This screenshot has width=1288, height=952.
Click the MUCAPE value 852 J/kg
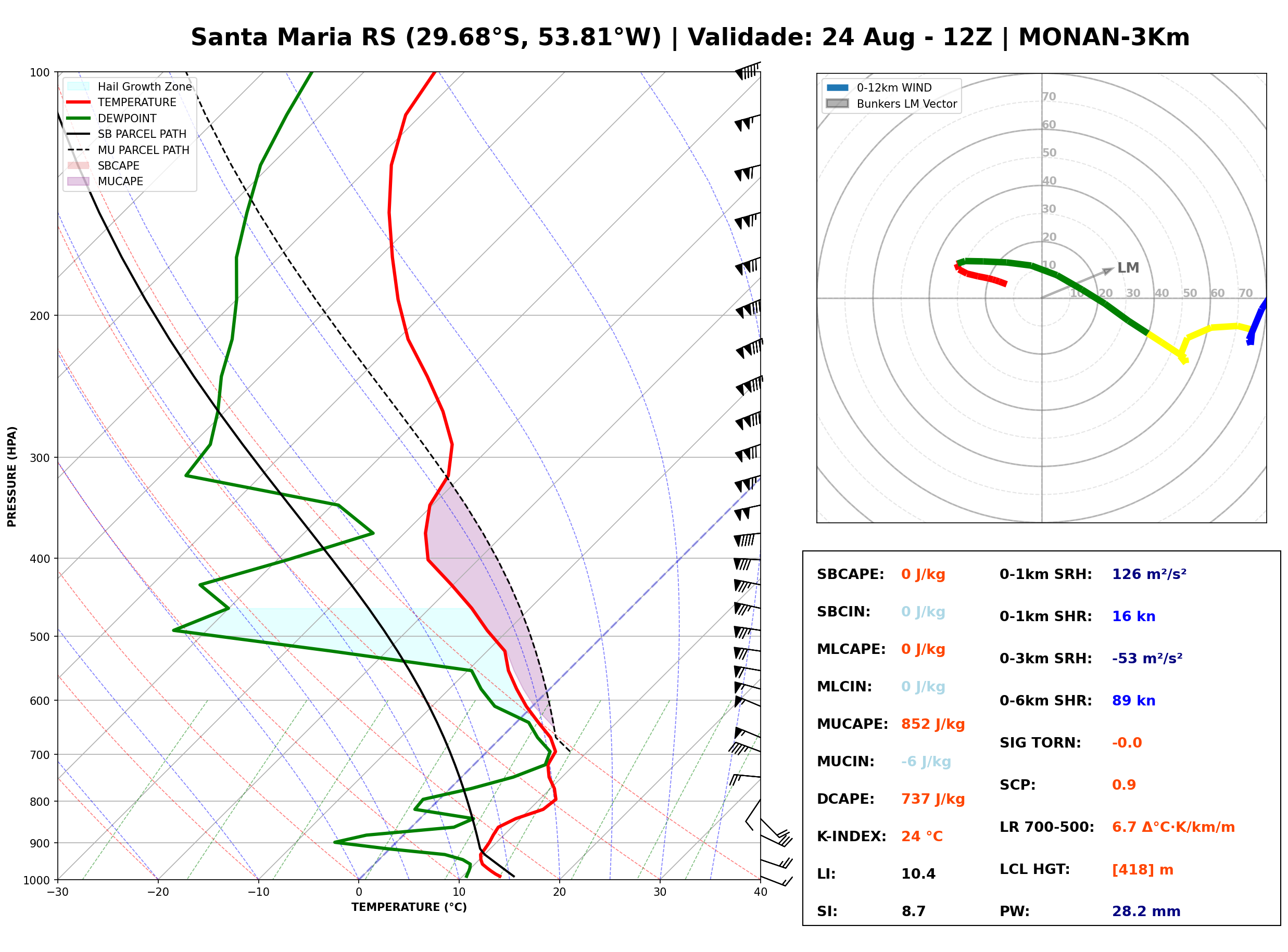[x=932, y=724]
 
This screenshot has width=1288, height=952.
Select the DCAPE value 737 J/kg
[x=932, y=799]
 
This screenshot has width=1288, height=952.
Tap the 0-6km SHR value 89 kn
[x=1133, y=700]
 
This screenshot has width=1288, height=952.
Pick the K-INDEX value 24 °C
[x=922, y=836]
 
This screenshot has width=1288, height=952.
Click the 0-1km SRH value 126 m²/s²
[x=1149, y=574]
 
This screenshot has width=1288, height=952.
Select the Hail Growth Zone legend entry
[x=130, y=86]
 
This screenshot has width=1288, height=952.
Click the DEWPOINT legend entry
[x=112, y=118]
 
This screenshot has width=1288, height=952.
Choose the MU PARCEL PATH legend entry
[x=128, y=150]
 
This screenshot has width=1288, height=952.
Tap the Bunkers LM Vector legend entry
[x=891, y=104]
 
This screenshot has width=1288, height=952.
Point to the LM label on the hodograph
[x=1128, y=267]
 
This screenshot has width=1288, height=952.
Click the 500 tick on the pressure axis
[x=41, y=636]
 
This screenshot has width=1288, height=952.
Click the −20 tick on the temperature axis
[x=157, y=892]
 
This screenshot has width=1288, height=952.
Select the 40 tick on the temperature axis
[x=761, y=892]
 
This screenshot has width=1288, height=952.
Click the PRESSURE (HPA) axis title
[x=11, y=476]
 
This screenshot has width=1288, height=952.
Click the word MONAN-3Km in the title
[x=1104, y=37]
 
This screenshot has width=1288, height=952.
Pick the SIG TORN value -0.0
[x=1127, y=742]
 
